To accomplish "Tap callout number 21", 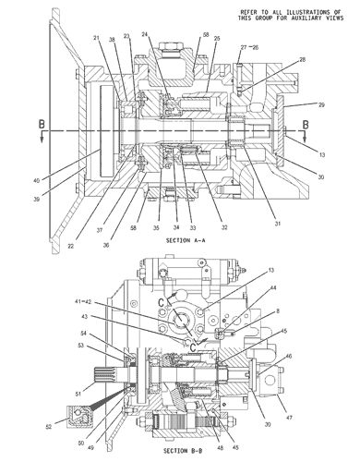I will (97, 38).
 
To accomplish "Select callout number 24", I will (145, 35).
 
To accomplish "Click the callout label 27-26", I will (249, 47).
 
